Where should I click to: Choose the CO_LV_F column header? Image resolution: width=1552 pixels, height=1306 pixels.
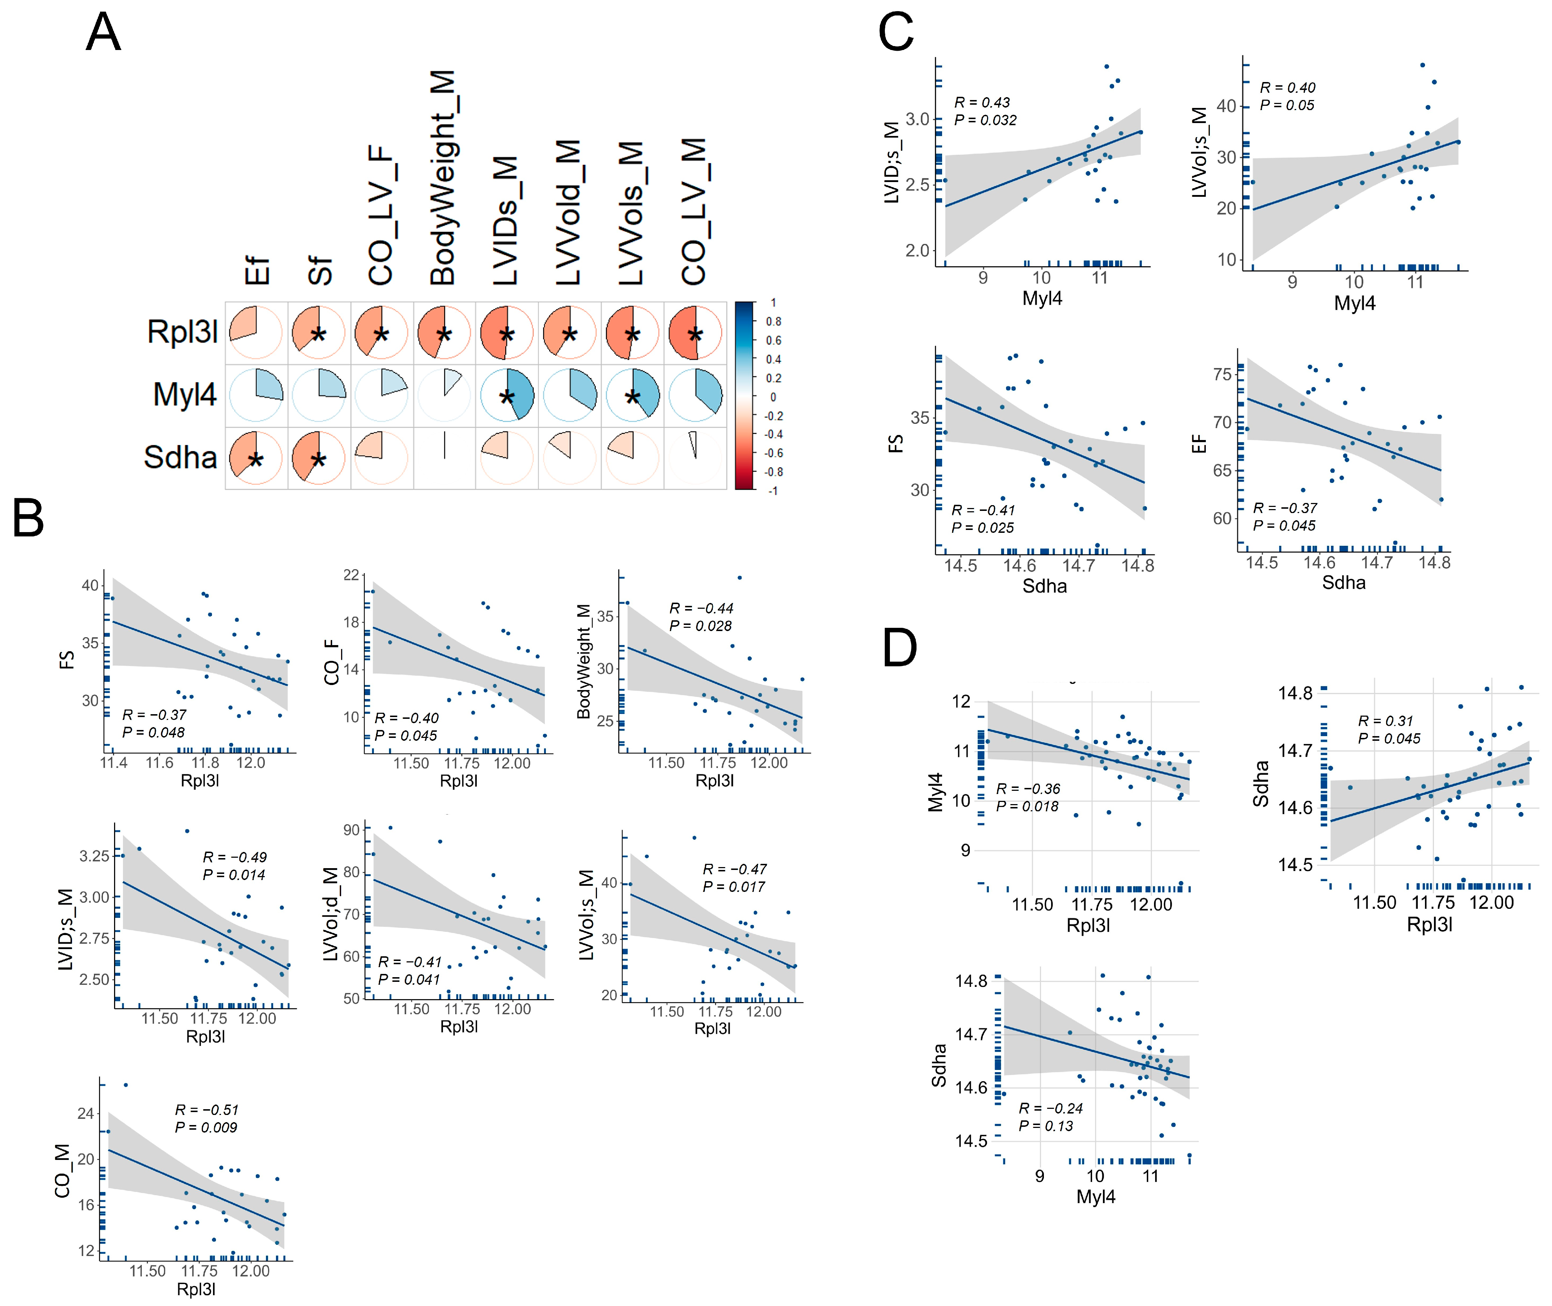tap(381, 215)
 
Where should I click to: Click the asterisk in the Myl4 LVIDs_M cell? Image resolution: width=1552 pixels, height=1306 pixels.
tap(506, 398)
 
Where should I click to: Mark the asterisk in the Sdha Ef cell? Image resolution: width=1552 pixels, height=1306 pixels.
tap(255, 461)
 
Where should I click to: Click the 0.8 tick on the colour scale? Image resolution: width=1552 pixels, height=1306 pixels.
tap(773, 321)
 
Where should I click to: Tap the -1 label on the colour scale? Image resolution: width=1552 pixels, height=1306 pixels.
tap(772, 490)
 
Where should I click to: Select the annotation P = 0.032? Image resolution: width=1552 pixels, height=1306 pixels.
tap(985, 120)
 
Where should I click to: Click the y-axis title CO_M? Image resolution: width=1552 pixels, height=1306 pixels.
tap(63, 1170)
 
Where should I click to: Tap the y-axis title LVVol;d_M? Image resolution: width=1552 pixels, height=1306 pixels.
tap(330, 914)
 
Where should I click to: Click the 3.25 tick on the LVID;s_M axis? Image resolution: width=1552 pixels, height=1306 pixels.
tap(94, 856)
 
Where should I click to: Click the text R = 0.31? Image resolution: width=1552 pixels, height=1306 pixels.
tap(1385, 720)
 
